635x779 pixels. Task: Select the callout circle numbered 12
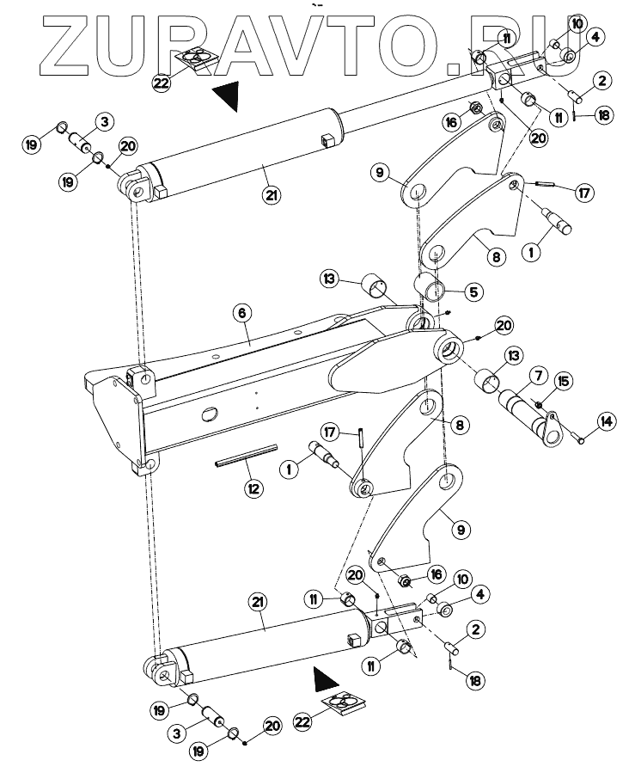tap(253, 489)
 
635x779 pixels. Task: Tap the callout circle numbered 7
tap(537, 376)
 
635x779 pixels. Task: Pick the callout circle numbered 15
tap(562, 381)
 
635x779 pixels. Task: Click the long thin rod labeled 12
tap(247, 455)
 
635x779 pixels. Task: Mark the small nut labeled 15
tap(537, 405)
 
